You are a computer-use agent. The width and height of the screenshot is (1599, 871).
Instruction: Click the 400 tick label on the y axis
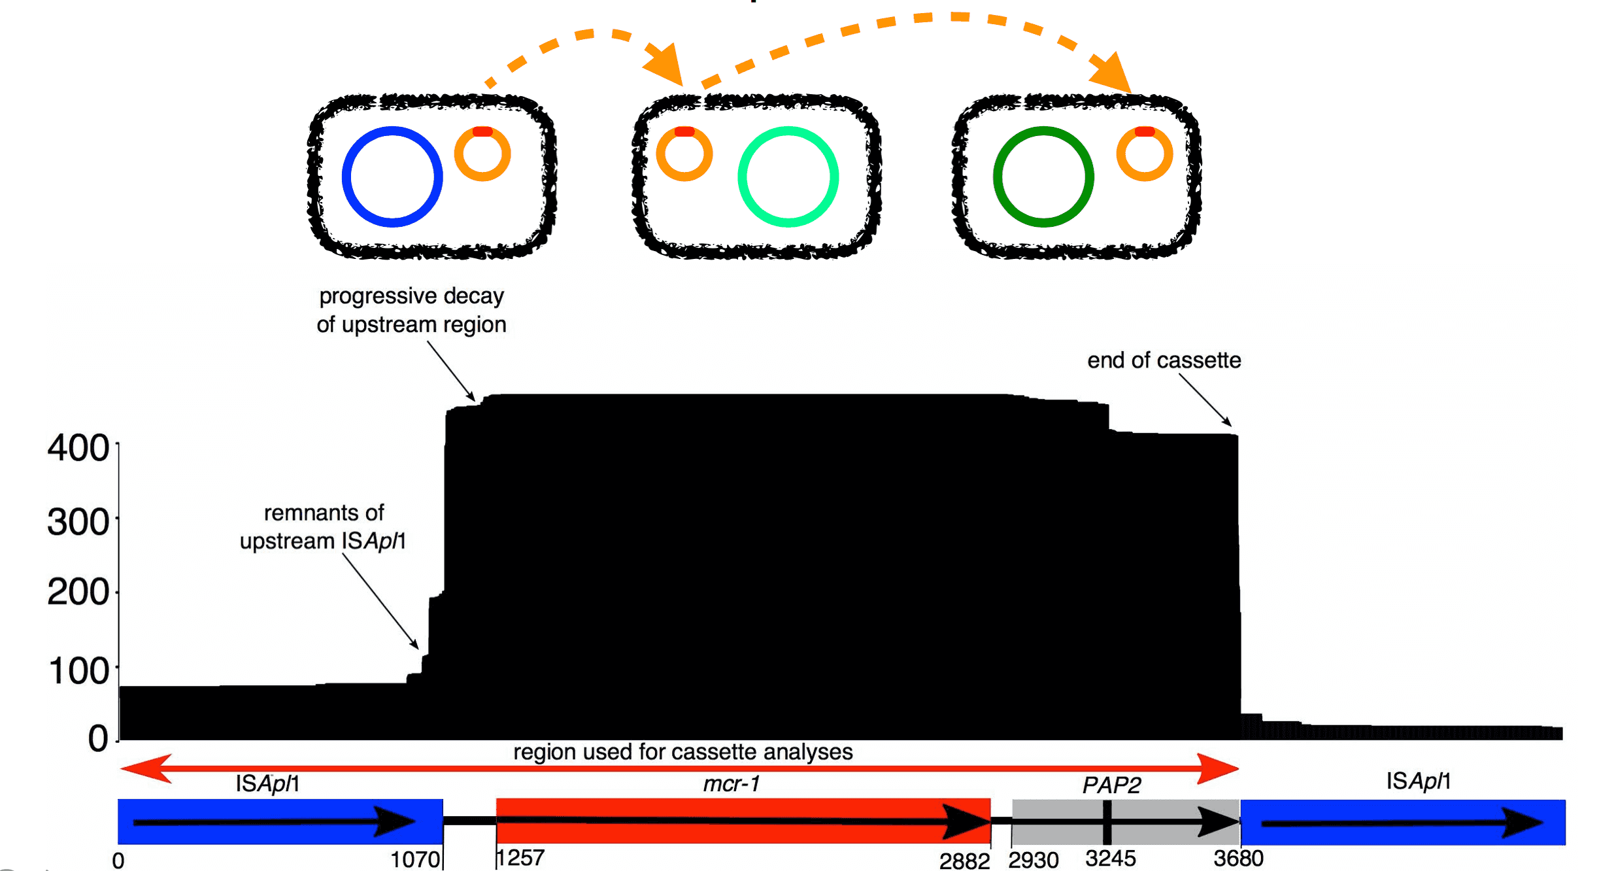coord(78,449)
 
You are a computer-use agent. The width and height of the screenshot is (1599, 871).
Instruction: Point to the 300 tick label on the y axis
coord(78,522)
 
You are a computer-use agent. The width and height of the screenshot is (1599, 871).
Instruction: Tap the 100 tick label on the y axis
coord(78,672)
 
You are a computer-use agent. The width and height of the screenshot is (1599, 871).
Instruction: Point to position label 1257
coord(520,858)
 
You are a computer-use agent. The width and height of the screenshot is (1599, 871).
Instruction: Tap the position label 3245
coord(1110,859)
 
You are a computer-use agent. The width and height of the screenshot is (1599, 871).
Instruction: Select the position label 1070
coord(415,860)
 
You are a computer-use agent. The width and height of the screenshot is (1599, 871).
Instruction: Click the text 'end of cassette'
coord(1164,360)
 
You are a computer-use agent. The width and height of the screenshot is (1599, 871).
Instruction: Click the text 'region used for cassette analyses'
coord(682,752)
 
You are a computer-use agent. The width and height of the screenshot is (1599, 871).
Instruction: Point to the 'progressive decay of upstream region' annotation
coord(411,310)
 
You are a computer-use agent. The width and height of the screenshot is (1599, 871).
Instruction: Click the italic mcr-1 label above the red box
coord(731,783)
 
